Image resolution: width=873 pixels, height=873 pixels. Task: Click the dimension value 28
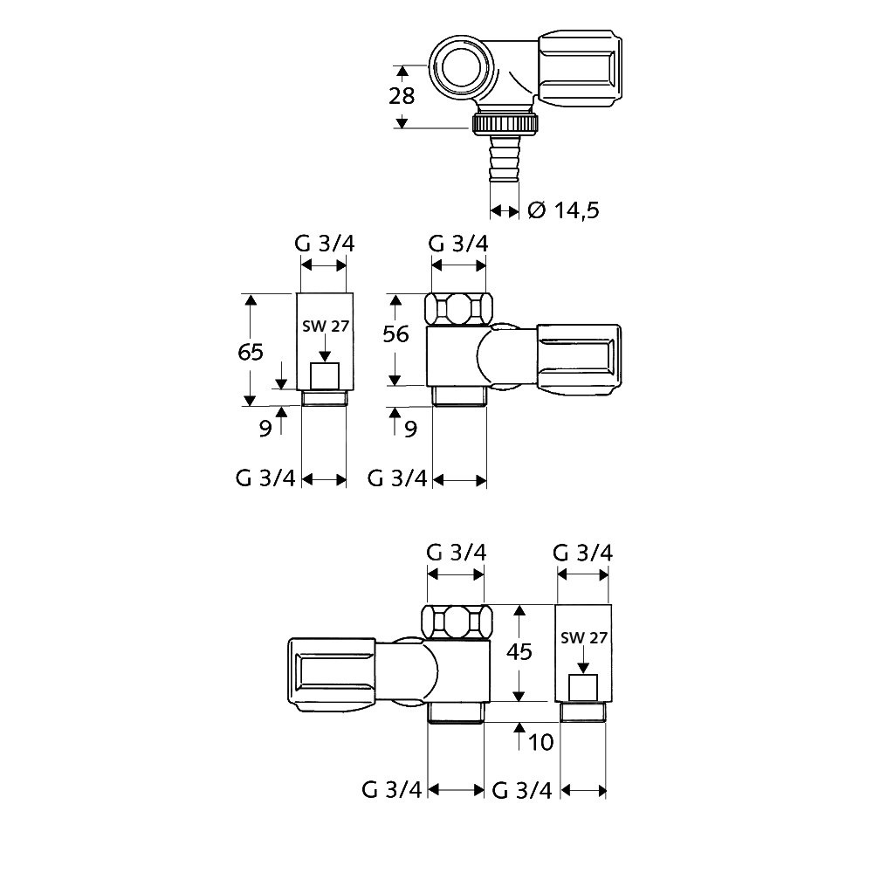tap(402, 96)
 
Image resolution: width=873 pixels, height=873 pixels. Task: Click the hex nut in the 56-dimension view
tap(458, 308)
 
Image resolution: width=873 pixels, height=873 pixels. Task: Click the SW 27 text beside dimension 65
tap(324, 327)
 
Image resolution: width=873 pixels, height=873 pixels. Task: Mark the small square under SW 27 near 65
tap(325, 377)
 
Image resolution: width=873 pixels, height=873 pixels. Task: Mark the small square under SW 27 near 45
tap(583, 688)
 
